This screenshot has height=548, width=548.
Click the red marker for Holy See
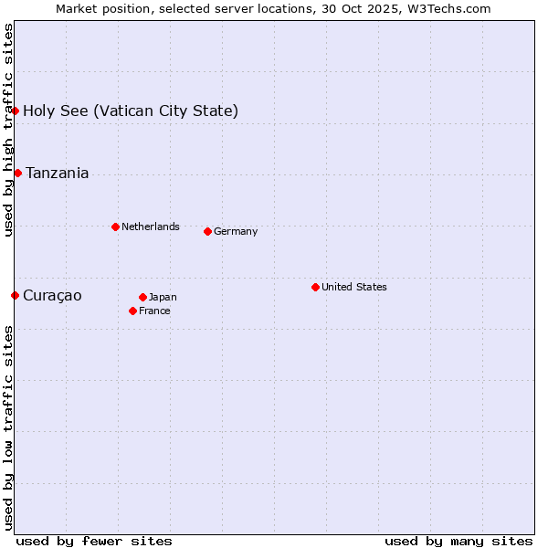[16, 111]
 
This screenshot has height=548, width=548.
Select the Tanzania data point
[18, 173]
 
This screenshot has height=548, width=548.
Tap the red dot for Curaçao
[16, 295]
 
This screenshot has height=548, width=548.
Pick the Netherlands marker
[115, 227]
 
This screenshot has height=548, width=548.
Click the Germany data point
[207, 231]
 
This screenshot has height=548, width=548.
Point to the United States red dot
[315, 287]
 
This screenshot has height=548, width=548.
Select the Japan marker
[142, 297]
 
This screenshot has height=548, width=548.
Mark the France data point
[133, 311]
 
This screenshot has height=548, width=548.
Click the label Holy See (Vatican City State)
[131, 111]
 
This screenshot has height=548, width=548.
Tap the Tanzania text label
[58, 174]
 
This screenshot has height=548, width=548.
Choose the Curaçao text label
[52, 296]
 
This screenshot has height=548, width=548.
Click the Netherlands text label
[151, 227]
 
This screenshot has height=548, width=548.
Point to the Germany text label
[236, 231]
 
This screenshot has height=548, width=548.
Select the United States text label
[354, 287]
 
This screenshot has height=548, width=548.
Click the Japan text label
[163, 297]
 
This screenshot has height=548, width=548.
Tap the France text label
[154, 311]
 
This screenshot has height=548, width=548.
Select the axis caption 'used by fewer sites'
[94, 541]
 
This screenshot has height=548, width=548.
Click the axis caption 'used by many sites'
[458, 541]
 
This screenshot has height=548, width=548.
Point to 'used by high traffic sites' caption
[8, 130]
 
